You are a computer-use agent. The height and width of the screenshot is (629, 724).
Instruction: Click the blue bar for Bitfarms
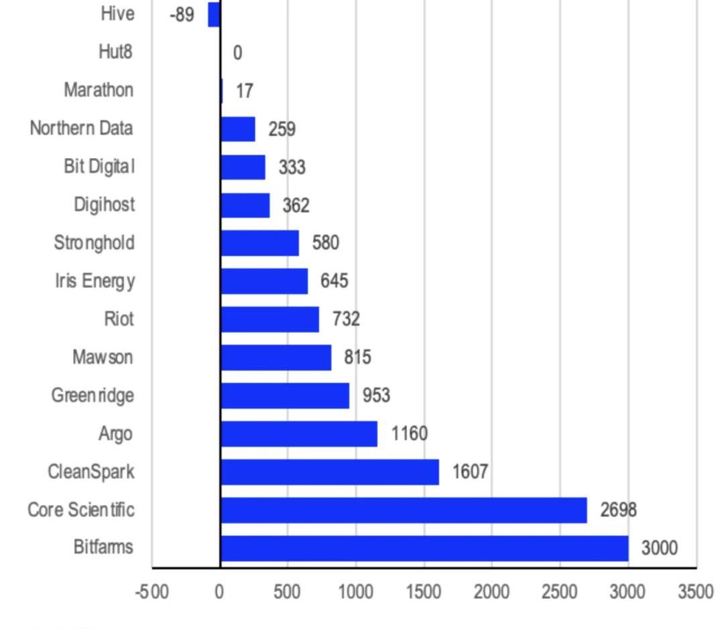(424, 548)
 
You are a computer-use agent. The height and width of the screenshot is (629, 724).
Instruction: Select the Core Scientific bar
(404, 510)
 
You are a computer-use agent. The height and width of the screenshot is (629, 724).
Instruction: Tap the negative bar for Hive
(214, 14)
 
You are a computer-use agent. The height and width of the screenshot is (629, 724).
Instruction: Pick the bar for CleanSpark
(329, 472)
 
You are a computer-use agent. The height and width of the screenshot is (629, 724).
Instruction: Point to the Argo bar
(298, 433)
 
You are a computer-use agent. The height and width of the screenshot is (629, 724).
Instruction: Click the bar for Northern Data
(237, 129)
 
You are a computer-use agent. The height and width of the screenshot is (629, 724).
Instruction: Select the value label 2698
(618, 510)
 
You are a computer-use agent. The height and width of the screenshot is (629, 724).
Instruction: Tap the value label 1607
(470, 472)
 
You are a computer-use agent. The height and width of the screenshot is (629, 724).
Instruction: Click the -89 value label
(182, 15)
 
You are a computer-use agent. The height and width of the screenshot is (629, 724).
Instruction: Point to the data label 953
(376, 396)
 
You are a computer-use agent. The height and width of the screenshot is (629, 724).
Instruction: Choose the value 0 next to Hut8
(237, 53)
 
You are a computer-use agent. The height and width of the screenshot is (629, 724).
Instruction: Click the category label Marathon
(99, 90)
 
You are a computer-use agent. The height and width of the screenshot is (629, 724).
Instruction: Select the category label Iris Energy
(95, 281)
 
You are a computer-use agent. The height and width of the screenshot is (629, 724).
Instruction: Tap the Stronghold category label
(94, 242)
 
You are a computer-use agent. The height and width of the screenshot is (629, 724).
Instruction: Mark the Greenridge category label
(93, 395)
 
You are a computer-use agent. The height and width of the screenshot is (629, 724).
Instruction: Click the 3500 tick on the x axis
(695, 592)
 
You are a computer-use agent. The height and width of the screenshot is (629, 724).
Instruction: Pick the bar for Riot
(269, 319)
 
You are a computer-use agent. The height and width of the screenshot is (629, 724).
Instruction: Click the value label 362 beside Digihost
(296, 206)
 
